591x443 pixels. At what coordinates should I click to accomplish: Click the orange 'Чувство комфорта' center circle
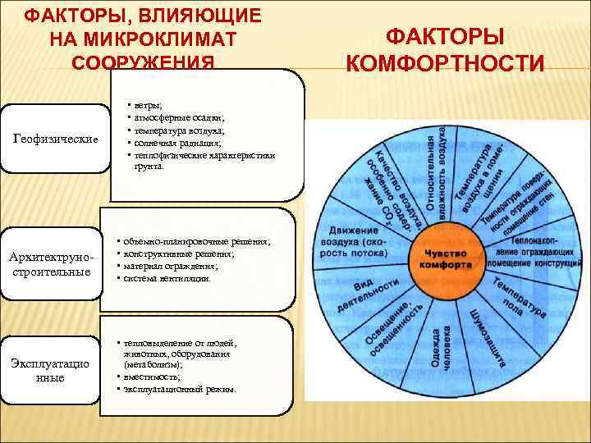(x=446, y=259)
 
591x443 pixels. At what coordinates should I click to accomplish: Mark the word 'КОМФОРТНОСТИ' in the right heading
(x=445, y=63)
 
